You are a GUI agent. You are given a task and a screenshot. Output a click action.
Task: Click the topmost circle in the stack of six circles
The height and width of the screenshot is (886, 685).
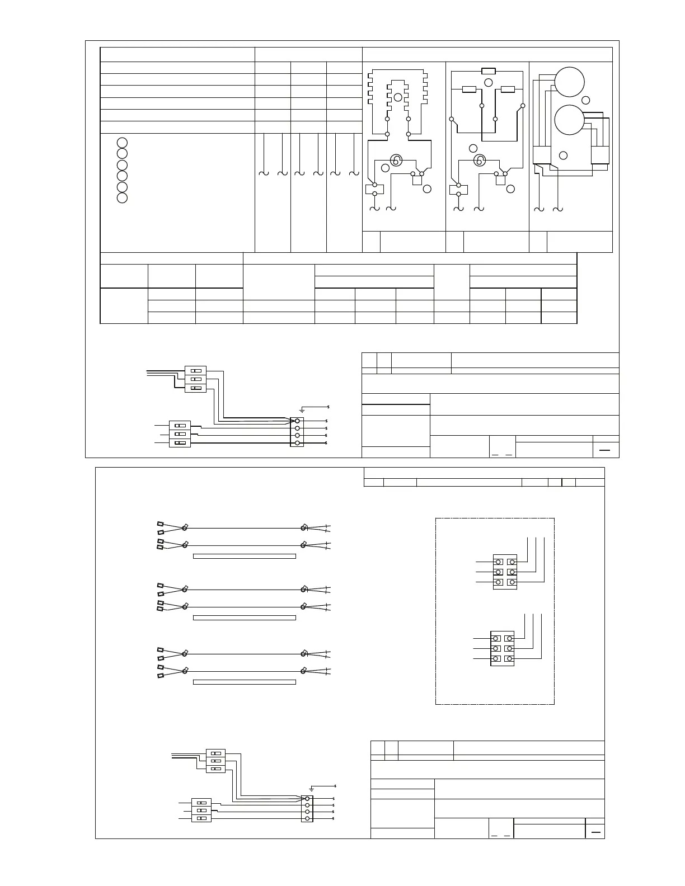(x=122, y=142)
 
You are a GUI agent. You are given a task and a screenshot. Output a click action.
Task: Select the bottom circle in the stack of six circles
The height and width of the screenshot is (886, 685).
(x=122, y=197)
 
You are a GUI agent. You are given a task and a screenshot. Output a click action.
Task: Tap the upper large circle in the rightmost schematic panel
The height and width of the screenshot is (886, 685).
(x=569, y=82)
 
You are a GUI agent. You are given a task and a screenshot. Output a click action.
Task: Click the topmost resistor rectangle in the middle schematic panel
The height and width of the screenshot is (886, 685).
(x=488, y=71)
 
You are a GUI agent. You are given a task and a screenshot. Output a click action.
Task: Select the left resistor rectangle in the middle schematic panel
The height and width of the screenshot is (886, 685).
(x=468, y=89)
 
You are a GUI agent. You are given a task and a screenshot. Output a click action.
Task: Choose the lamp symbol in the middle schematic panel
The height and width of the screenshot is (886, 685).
(x=479, y=161)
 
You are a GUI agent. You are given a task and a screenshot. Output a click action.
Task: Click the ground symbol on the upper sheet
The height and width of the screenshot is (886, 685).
(x=302, y=411)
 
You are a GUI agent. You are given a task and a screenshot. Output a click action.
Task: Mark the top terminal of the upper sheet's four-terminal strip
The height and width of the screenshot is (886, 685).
(x=297, y=421)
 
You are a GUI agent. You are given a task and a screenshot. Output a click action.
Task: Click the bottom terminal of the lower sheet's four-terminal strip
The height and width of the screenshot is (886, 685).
(x=307, y=819)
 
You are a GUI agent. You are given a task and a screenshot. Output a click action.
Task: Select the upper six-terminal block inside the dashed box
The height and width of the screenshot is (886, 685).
(x=504, y=572)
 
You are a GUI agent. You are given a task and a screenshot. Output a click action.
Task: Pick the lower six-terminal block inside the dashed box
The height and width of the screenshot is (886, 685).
(x=502, y=648)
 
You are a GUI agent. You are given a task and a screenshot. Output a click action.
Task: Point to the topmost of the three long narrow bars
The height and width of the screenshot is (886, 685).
(x=244, y=556)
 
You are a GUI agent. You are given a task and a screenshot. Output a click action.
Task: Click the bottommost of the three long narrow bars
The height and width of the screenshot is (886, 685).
(x=244, y=682)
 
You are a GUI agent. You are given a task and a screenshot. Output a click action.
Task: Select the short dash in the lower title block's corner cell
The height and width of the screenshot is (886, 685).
(x=595, y=832)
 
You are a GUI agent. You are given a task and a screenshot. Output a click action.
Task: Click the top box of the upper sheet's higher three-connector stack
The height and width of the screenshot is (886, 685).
(x=196, y=370)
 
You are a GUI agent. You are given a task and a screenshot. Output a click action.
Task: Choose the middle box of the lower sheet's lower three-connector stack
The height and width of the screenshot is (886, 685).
(x=201, y=810)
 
